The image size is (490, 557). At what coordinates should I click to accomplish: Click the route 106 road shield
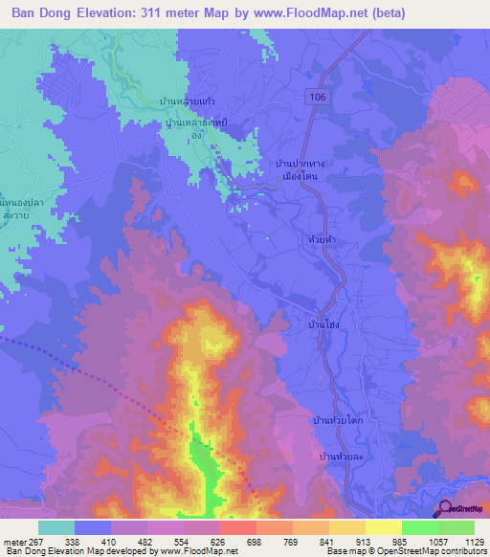317,97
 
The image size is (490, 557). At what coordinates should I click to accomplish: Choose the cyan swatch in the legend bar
56,527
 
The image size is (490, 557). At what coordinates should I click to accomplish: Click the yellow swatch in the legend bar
383,527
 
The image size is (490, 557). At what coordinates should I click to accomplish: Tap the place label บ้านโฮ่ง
323,325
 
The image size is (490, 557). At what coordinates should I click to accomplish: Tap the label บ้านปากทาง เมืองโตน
300,171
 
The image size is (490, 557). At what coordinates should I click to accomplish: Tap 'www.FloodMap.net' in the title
317,13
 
